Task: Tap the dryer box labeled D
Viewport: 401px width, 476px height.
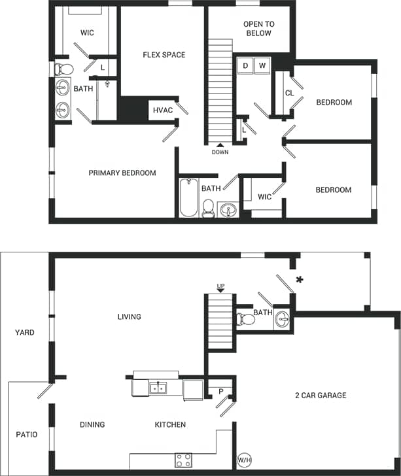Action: pyautogui.click(x=246, y=65)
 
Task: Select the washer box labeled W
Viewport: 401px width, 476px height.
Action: pyautogui.click(x=262, y=65)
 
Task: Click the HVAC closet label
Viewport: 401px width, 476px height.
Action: pyautogui.click(x=163, y=110)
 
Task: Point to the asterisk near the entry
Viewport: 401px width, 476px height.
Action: pyautogui.click(x=300, y=280)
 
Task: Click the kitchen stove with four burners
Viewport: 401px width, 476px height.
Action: pyautogui.click(x=183, y=460)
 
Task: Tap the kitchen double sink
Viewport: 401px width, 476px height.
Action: pyautogui.click(x=157, y=388)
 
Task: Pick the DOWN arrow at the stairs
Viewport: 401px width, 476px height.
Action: pyautogui.click(x=220, y=145)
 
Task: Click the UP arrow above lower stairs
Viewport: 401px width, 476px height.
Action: pyautogui.click(x=220, y=290)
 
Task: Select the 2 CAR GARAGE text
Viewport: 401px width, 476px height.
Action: pyautogui.click(x=320, y=395)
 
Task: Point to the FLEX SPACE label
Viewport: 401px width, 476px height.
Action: pyautogui.click(x=164, y=55)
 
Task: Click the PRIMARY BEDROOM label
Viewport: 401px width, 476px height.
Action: pyautogui.click(x=122, y=173)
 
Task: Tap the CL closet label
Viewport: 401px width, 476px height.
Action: pyautogui.click(x=289, y=93)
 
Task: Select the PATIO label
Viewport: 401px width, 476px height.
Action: pyautogui.click(x=27, y=435)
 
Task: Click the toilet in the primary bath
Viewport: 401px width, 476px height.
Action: pyautogui.click(x=63, y=69)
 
